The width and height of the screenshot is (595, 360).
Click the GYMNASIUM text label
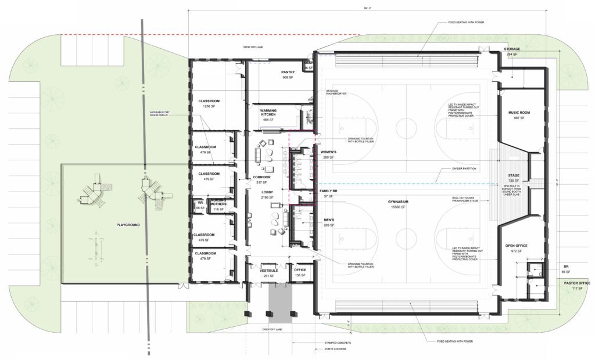[x=402, y=201]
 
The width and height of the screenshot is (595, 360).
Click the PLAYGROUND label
[x=127, y=225]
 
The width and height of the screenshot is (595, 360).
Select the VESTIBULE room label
[x=268, y=271]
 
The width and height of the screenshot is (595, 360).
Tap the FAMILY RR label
[x=329, y=191]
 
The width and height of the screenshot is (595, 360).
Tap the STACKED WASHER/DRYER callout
[x=332, y=93]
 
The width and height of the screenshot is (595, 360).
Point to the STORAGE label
[x=511, y=49]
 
